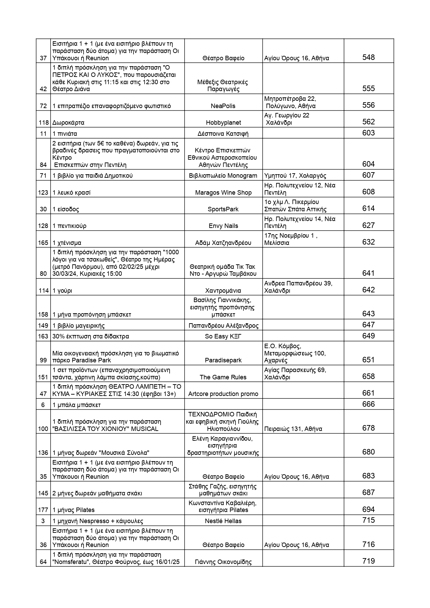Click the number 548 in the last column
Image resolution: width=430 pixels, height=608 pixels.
coord(368,58)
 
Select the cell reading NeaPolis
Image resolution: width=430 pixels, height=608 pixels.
coord(223,106)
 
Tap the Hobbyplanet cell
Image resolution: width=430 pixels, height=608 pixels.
coord(223,123)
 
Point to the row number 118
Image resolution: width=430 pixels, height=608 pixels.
coord(43,123)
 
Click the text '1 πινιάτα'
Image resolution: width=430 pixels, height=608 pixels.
coord(65,133)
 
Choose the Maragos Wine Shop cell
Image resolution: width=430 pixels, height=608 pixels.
coord(223,193)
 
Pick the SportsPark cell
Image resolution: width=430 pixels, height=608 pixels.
coord(223,209)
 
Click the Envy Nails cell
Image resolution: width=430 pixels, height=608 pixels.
coord(223,226)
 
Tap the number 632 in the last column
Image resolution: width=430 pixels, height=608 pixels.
coord(368,242)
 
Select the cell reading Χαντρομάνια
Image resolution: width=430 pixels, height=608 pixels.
coord(223,291)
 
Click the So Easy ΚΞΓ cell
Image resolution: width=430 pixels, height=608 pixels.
coord(223,336)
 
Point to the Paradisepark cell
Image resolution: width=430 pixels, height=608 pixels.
coord(223,360)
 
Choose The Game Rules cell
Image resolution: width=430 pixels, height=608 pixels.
coord(223,377)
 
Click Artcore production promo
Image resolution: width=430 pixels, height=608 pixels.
coord(223,394)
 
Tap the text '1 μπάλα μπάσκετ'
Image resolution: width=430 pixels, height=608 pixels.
coord(77,405)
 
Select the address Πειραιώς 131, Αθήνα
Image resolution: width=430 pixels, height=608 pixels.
coord(293,429)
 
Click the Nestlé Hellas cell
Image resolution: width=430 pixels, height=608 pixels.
coord(223,521)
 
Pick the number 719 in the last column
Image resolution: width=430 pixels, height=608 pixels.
coord(368,561)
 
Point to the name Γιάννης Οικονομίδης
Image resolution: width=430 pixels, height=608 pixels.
coord(223,562)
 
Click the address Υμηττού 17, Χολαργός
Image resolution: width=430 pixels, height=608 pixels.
coord(295,176)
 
